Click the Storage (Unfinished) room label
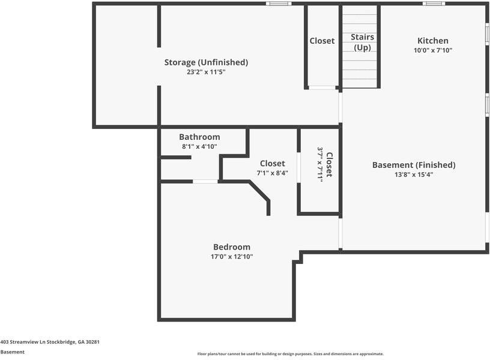click(206, 62)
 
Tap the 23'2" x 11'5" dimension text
click(206, 72)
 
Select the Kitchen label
click(432, 41)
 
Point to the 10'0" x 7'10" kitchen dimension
click(432, 50)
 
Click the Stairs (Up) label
click(362, 42)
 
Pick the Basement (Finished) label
click(414, 165)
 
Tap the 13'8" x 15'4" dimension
click(414, 175)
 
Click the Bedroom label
click(232, 247)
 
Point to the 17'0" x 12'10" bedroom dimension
click(232, 257)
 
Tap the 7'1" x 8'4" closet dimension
click(272, 173)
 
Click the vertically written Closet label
click(328, 164)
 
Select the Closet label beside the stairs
click(322, 41)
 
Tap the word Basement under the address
click(12, 352)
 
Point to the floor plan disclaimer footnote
click(290, 354)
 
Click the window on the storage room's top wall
click(279, 4)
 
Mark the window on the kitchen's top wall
click(434, 4)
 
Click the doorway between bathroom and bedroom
click(205, 181)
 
